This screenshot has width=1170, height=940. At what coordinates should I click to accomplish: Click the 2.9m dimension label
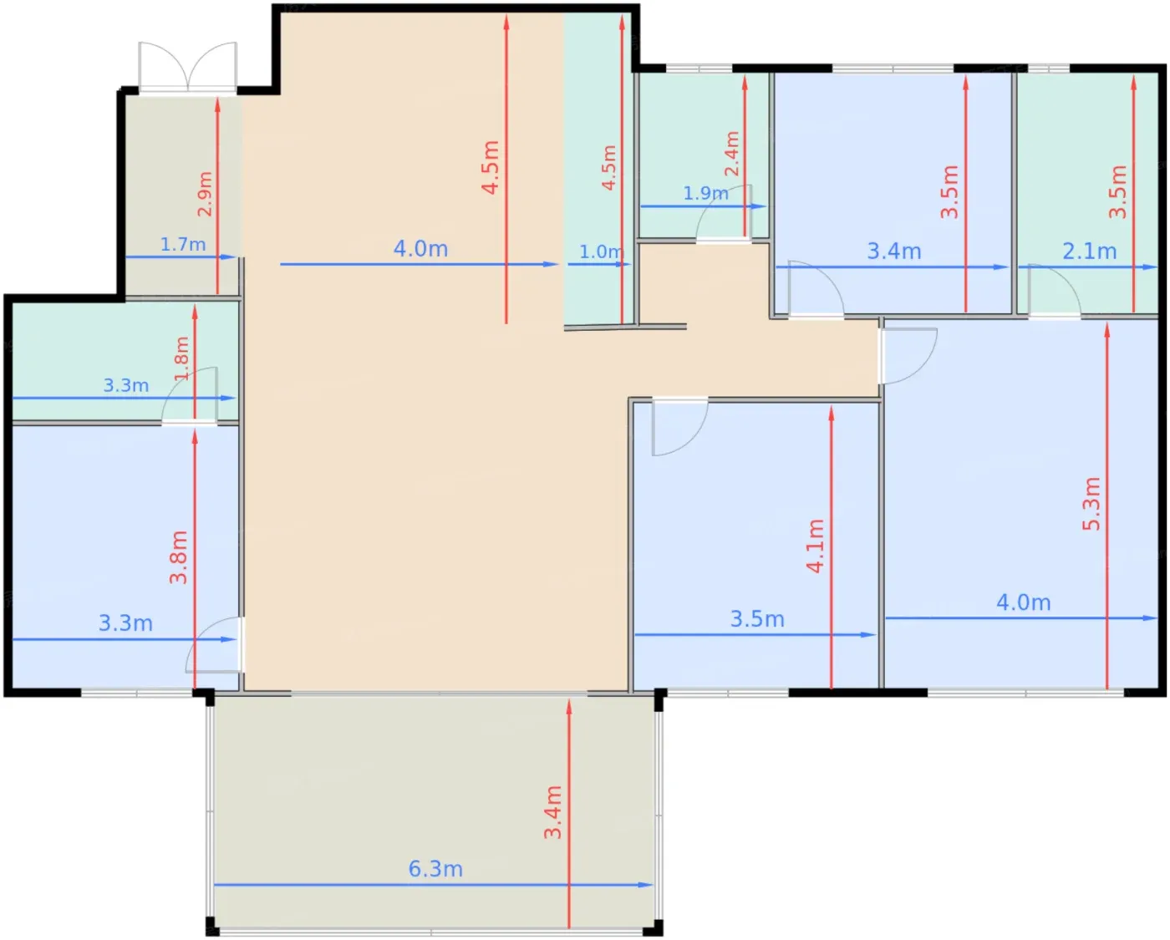pos(205,194)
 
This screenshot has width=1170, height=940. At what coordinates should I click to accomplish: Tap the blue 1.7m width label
pos(183,245)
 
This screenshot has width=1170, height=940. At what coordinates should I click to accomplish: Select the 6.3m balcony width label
pos(435,869)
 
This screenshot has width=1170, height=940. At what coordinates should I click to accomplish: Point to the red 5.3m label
pos(1091,504)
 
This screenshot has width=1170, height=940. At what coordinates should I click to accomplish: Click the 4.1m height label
pos(816,546)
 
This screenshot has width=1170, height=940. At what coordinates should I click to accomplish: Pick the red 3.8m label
pos(178,557)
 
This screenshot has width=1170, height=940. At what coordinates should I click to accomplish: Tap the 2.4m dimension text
pos(732,153)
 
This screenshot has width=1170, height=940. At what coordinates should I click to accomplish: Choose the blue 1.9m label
pos(705,193)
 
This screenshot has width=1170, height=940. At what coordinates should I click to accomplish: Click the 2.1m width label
pos(1090,252)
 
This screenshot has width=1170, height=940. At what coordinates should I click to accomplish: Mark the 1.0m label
pos(601,252)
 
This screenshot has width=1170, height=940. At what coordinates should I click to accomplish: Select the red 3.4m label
pos(552,812)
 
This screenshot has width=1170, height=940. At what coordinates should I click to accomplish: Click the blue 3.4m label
pos(894,252)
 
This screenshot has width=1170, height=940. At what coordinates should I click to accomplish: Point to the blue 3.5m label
pos(757,619)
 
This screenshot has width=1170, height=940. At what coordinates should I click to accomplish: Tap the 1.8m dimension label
pos(181,358)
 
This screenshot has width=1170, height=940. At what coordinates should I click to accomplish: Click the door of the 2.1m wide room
pos(1054,291)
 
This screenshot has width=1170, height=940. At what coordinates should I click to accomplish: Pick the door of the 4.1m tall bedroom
pos(680,427)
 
